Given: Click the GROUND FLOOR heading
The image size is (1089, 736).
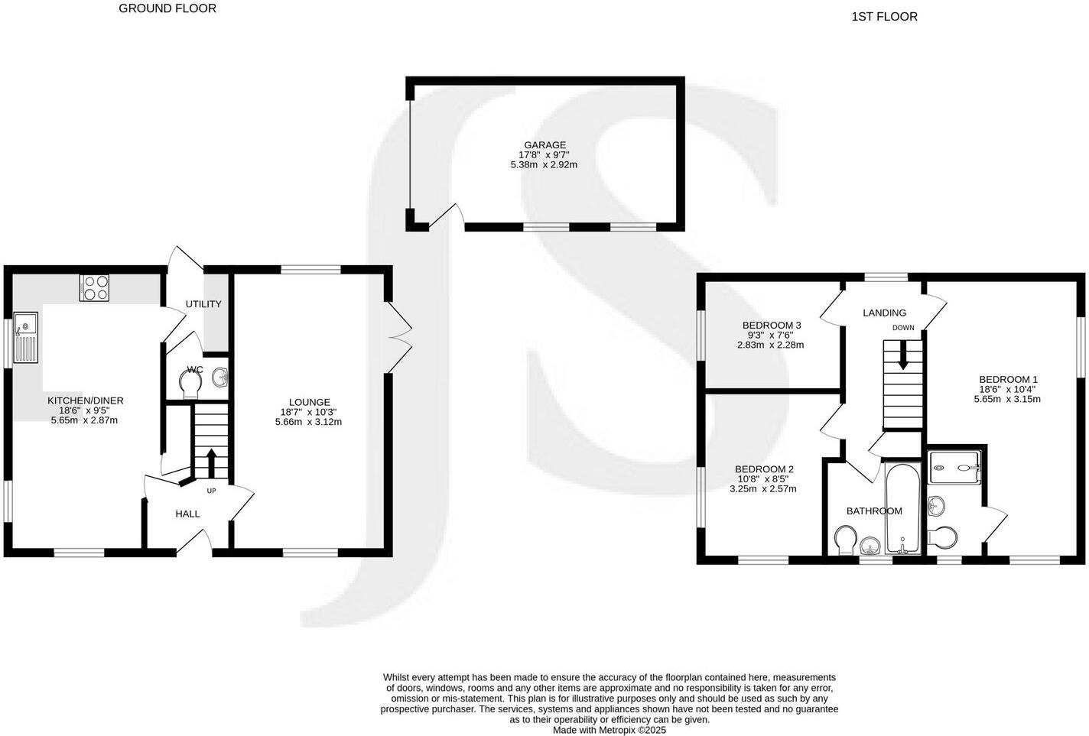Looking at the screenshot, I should pos(167,8).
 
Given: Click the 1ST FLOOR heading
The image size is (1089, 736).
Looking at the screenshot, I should pos(884,16).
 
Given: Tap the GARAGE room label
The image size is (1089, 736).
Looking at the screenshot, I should pos(544,144).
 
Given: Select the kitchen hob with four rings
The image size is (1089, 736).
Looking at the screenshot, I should pos(94,287).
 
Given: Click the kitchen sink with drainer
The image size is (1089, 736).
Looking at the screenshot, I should pos(26,338).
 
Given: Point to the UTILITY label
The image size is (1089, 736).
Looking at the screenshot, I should pos(203,303).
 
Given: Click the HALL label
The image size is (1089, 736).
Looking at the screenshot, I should pos(187,514).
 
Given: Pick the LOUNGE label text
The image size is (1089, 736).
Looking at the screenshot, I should pos(310,402).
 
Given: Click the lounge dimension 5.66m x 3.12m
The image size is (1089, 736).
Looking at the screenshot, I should pos(308,421).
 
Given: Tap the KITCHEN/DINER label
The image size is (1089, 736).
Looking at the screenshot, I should pos(86,400).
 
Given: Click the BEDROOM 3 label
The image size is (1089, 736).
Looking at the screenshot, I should pos(772,325).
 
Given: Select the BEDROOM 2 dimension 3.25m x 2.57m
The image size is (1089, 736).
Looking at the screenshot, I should pos(763,488).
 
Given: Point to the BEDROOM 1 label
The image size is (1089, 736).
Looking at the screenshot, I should pos(1008,379).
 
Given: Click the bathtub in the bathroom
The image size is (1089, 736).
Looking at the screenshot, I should pos(903,508).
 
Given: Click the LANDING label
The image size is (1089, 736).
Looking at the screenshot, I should pos(884,313).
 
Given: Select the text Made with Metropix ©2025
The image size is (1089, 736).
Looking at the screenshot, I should pos(610,730).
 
